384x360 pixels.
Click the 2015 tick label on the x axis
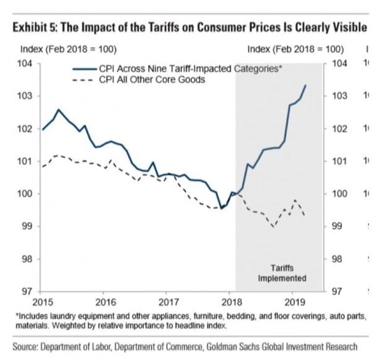coord(42,302)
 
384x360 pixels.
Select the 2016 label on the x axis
coord(106,302)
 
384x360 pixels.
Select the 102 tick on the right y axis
coord(341,129)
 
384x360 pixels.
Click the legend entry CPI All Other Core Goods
coord(151,80)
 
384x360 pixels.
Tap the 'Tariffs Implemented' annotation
coord(282,273)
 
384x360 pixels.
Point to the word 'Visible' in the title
coord(349,29)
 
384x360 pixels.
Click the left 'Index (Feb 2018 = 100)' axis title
coord(69,48)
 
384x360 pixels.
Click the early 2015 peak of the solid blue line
coord(58,110)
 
